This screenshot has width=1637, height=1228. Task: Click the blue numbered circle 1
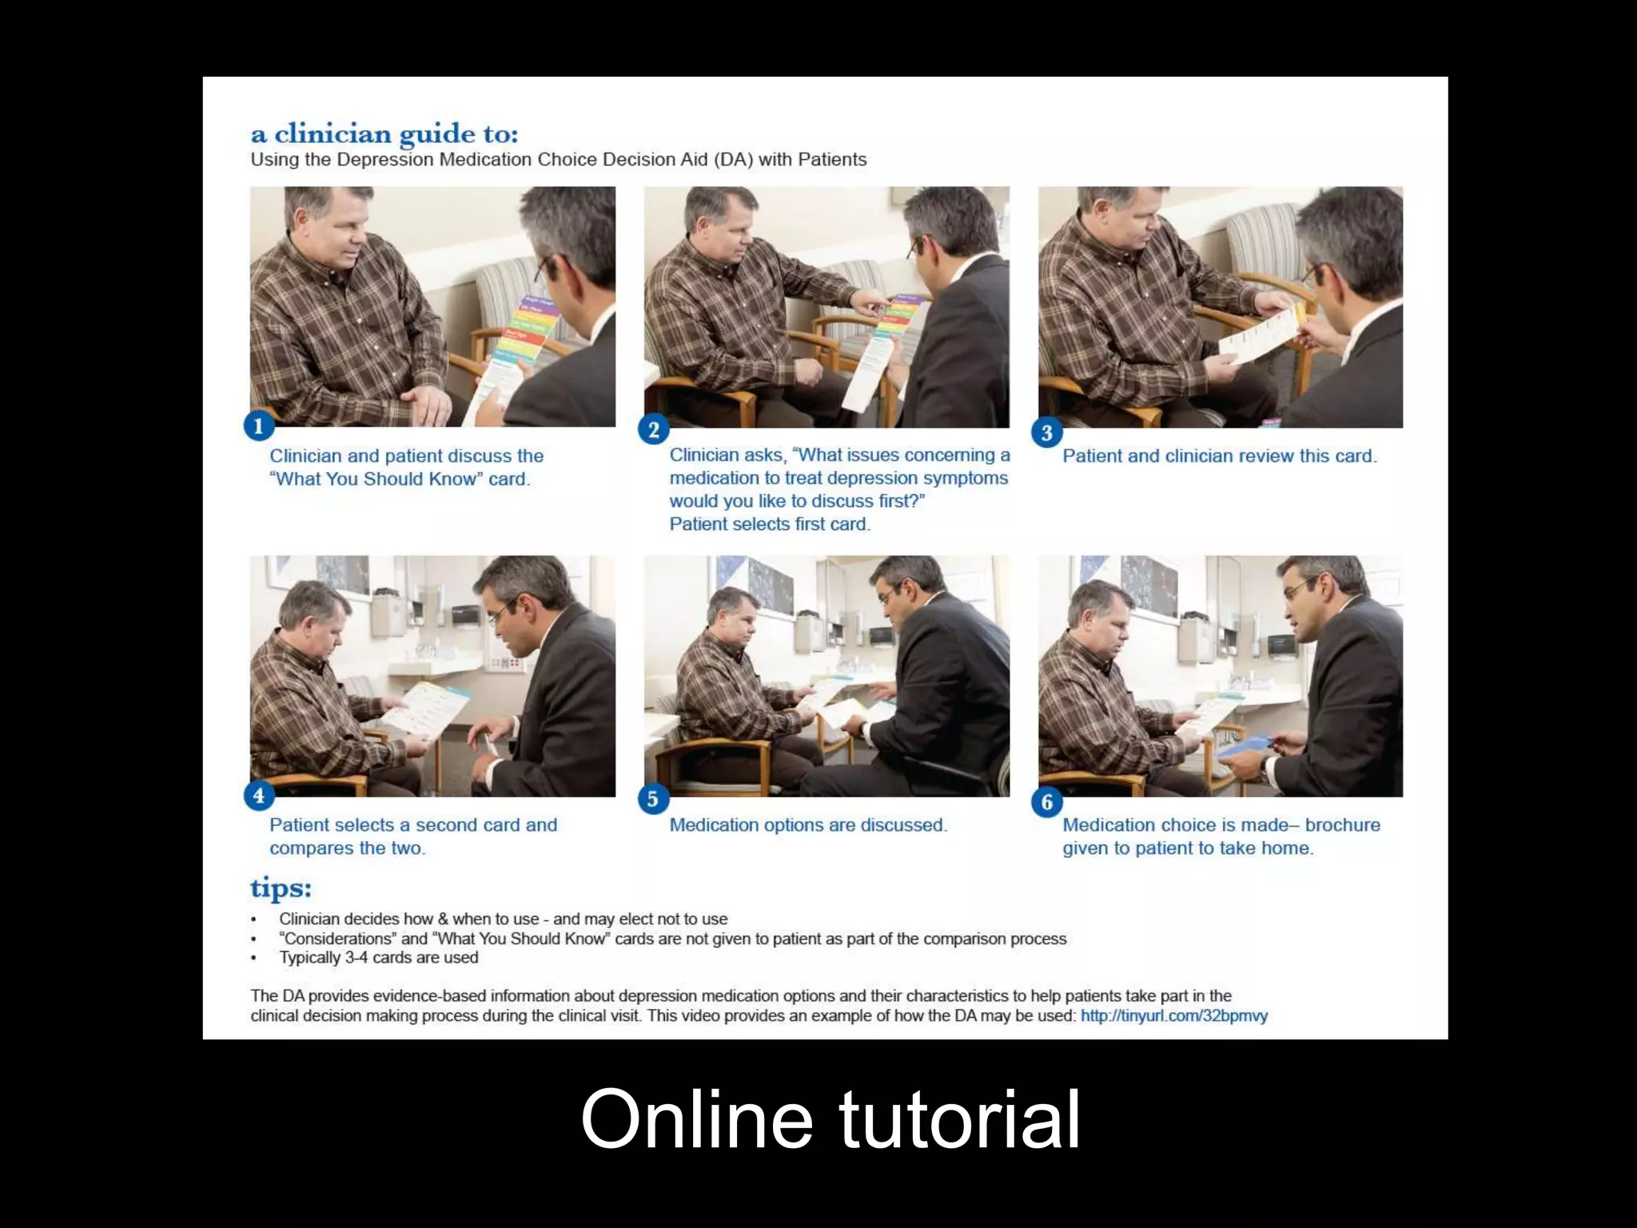click(258, 426)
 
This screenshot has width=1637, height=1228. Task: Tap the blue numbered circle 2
click(654, 430)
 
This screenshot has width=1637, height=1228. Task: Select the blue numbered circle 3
click(1047, 433)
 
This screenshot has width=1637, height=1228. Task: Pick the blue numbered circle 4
click(258, 796)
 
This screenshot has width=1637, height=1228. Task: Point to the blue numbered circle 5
click(653, 799)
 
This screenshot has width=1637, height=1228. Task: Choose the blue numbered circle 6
click(1047, 802)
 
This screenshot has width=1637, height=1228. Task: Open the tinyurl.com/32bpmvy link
click(1173, 1016)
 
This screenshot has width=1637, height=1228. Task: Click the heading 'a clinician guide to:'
click(384, 134)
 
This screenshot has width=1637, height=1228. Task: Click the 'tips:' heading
click(281, 888)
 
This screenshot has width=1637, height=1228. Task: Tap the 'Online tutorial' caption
click(830, 1119)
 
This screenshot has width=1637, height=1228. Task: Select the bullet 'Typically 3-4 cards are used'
click(378, 958)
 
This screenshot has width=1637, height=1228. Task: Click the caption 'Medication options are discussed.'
click(808, 825)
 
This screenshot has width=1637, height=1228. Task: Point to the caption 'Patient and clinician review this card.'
click(1219, 457)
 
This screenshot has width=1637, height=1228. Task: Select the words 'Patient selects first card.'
click(770, 524)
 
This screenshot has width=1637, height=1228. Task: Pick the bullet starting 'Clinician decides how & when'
click(503, 919)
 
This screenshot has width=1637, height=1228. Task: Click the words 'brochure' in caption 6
click(1342, 825)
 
